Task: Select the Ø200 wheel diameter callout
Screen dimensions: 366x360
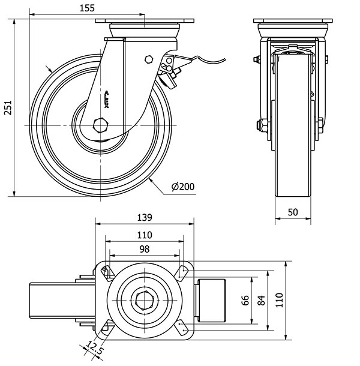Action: pos(182,187)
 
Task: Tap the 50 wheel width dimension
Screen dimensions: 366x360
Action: pos(293,212)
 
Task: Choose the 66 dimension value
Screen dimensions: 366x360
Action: pos(245,300)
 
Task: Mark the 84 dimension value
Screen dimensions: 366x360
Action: pos(261,300)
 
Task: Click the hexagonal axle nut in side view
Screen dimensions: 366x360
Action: pos(100,125)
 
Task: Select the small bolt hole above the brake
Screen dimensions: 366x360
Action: pos(148,59)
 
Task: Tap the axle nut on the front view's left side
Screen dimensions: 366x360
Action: pos(261,125)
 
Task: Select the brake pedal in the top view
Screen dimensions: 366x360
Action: pos(212,299)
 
